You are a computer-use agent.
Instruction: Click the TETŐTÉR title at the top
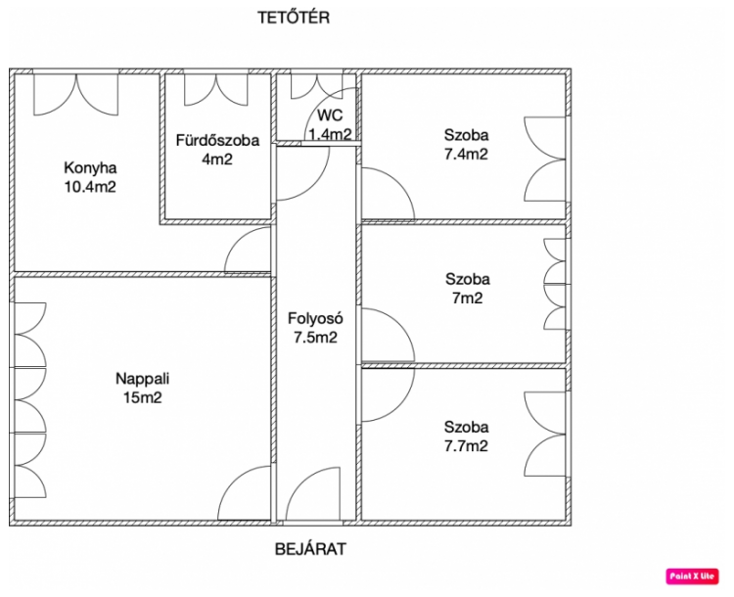point(294,17)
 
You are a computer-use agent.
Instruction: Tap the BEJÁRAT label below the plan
point(310,549)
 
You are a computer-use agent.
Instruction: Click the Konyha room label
point(90,167)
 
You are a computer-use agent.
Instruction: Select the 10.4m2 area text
point(90,187)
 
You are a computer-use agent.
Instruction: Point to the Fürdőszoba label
point(217,140)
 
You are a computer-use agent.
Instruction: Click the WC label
point(330,115)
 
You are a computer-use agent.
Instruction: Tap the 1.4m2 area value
point(330,134)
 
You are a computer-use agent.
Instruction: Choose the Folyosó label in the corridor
point(315,318)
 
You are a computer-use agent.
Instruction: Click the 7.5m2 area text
point(315,337)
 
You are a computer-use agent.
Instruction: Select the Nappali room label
point(142,379)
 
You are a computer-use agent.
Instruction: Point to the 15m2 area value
point(142,397)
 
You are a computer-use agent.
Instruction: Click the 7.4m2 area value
point(466,154)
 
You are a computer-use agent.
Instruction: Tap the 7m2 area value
point(467,298)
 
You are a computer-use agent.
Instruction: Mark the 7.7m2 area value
point(466,445)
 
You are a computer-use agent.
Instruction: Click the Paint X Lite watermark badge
point(692,575)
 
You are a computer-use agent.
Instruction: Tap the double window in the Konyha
point(75,95)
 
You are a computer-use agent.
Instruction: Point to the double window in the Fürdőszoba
point(216,90)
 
